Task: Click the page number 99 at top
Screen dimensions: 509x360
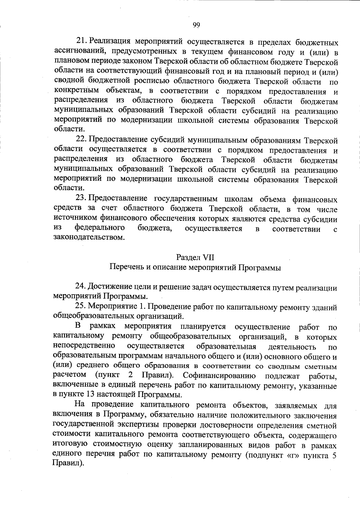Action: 197,25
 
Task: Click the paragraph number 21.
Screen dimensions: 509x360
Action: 82,40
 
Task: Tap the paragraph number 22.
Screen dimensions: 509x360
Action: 81,140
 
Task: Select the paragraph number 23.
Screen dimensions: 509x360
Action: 81,199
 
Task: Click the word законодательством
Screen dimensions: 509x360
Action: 88,238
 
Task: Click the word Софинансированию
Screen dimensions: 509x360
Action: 219,375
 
